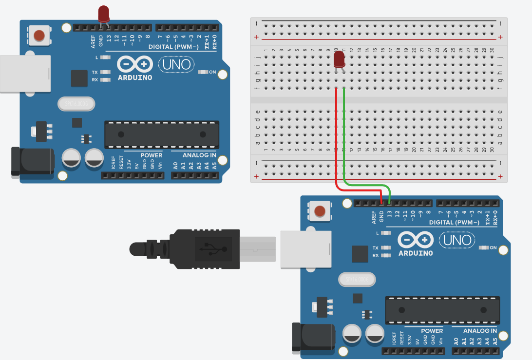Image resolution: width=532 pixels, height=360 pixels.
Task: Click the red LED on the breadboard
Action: pos(340,60)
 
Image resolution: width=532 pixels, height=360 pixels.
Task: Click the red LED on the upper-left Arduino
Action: pos(104,14)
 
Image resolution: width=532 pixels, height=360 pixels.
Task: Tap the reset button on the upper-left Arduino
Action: pos(39,35)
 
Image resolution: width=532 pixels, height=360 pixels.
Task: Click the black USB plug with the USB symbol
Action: pos(205,249)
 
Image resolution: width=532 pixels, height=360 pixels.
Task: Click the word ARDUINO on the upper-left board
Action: pos(135,77)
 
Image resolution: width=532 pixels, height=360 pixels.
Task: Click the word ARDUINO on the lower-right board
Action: pos(416,253)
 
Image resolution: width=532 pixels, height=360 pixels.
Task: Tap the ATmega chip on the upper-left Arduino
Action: pos(161,134)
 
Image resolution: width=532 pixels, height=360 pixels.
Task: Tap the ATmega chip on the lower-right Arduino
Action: pos(442,310)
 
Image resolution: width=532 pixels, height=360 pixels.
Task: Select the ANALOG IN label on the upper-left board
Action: pos(199,155)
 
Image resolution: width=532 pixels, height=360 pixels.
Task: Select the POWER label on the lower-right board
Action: pos(432,331)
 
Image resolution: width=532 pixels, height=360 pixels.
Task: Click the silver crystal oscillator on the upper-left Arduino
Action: pos(76,104)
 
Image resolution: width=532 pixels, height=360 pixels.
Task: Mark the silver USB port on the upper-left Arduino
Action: pos(24,74)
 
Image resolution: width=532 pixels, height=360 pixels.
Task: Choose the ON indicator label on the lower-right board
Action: pos(494,248)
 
